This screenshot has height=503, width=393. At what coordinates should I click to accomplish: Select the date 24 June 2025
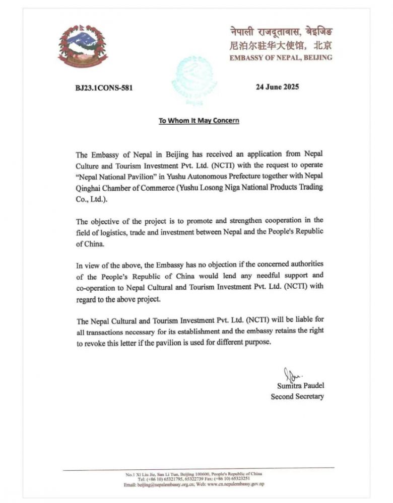click(277, 87)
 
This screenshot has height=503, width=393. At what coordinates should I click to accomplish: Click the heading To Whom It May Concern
click(199, 121)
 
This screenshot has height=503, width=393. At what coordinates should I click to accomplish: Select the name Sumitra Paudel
click(300, 385)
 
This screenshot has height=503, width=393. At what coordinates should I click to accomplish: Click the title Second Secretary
click(297, 396)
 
